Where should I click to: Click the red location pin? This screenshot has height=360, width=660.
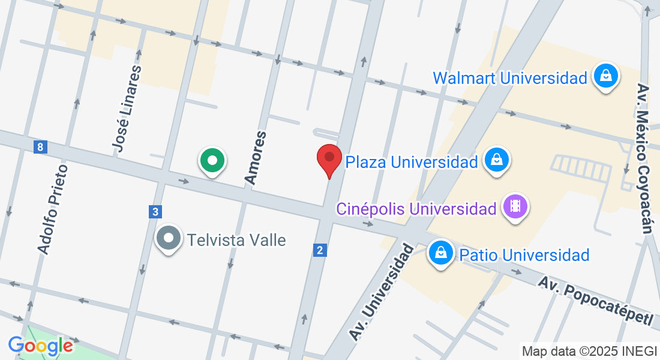point(329,159)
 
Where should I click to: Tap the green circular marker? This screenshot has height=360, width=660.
point(212,161)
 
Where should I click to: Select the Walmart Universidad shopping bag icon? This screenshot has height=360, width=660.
point(606,77)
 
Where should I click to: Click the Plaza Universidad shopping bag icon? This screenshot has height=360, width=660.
point(497,160)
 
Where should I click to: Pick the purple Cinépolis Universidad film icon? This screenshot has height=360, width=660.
point(515,208)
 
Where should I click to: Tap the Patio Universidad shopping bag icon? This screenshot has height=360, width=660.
point(441,254)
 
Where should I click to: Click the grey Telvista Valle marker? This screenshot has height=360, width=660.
point(169,239)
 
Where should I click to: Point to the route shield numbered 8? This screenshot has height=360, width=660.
point(40,147)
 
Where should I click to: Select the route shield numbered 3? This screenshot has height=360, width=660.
point(156,211)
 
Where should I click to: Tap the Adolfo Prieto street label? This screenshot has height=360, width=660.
point(52,209)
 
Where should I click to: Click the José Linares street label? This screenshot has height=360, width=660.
point(127,109)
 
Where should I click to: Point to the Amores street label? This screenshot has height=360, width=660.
point(255,157)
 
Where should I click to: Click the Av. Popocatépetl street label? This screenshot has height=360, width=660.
point(595,300)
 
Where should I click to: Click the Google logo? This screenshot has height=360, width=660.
point(40,346)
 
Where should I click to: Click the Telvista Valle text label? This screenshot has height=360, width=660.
point(236,241)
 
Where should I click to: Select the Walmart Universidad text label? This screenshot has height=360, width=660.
point(509,78)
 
